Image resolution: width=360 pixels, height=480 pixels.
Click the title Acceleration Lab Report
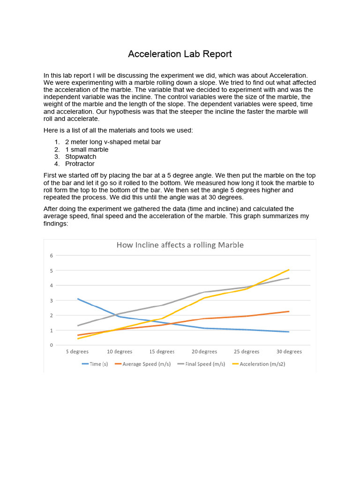coord(180,54)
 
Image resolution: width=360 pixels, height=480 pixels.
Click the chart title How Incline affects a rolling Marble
coord(180,245)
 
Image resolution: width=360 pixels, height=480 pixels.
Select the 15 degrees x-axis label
coord(162,352)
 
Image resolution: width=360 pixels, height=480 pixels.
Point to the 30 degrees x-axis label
coord(289,352)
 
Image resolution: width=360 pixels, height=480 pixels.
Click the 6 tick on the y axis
coord(52,255)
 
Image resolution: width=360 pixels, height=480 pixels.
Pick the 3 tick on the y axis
coord(52,300)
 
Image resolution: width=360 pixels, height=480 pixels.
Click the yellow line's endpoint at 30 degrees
coord(289,270)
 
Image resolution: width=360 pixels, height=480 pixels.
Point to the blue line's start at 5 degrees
coord(78,299)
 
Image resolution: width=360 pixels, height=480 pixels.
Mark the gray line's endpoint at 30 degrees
coord(289,278)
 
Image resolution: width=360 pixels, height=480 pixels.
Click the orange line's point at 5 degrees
coord(78,335)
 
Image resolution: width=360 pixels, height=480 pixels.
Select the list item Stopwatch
coord(81,157)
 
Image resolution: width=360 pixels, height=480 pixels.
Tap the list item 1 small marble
coord(86,150)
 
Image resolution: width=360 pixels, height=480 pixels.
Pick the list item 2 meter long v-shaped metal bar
coord(112,142)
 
